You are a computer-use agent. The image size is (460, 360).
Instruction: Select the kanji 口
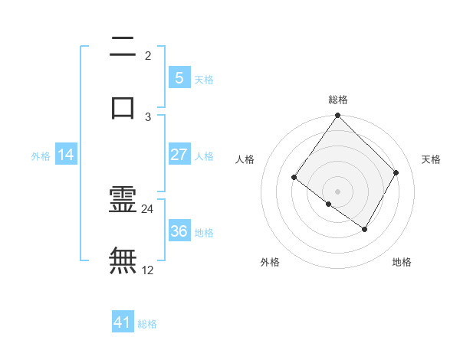click(123, 105)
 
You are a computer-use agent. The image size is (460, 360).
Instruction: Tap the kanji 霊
click(123, 201)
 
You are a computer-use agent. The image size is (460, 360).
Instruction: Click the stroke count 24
click(148, 208)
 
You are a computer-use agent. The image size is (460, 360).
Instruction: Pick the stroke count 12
click(148, 270)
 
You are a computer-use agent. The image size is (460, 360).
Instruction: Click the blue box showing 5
click(179, 78)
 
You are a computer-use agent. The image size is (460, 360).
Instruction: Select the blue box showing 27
click(179, 155)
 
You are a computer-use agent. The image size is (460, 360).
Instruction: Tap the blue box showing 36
click(179, 231)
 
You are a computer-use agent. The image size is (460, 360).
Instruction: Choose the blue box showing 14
click(66, 155)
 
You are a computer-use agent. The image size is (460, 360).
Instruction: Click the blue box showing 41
click(123, 322)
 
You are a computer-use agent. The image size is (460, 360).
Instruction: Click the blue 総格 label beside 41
click(147, 324)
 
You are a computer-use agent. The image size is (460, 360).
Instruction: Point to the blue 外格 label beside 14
click(41, 155)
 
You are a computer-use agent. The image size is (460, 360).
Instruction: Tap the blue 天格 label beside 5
click(203, 79)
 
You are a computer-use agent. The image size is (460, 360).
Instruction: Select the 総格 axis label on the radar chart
click(337, 100)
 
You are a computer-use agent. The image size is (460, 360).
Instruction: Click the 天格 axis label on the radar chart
click(431, 159)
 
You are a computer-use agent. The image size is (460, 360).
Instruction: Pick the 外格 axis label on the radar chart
click(269, 262)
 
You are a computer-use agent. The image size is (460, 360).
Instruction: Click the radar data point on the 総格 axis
click(337, 116)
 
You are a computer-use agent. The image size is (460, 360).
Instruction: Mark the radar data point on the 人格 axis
click(294, 178)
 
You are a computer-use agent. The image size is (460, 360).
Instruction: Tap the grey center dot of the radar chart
click(337, 191)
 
